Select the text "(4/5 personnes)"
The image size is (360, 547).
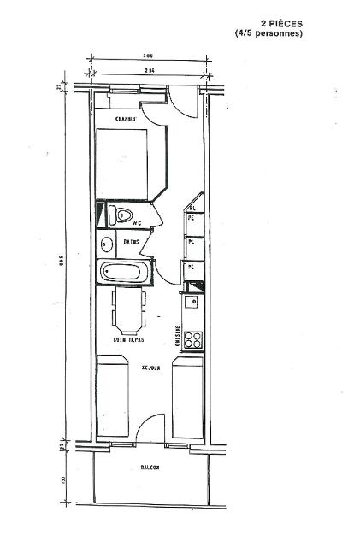click(269, 34)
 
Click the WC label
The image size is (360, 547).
click(135, 224)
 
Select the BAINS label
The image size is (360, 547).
click(131, 243)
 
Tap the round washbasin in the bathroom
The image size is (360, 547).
click(107, 244)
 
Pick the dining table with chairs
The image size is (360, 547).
click(128, 309)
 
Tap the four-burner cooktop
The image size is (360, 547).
click(193, 338)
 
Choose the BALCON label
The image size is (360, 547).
click(150, 468)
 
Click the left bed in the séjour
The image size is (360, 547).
click(111, 400)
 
